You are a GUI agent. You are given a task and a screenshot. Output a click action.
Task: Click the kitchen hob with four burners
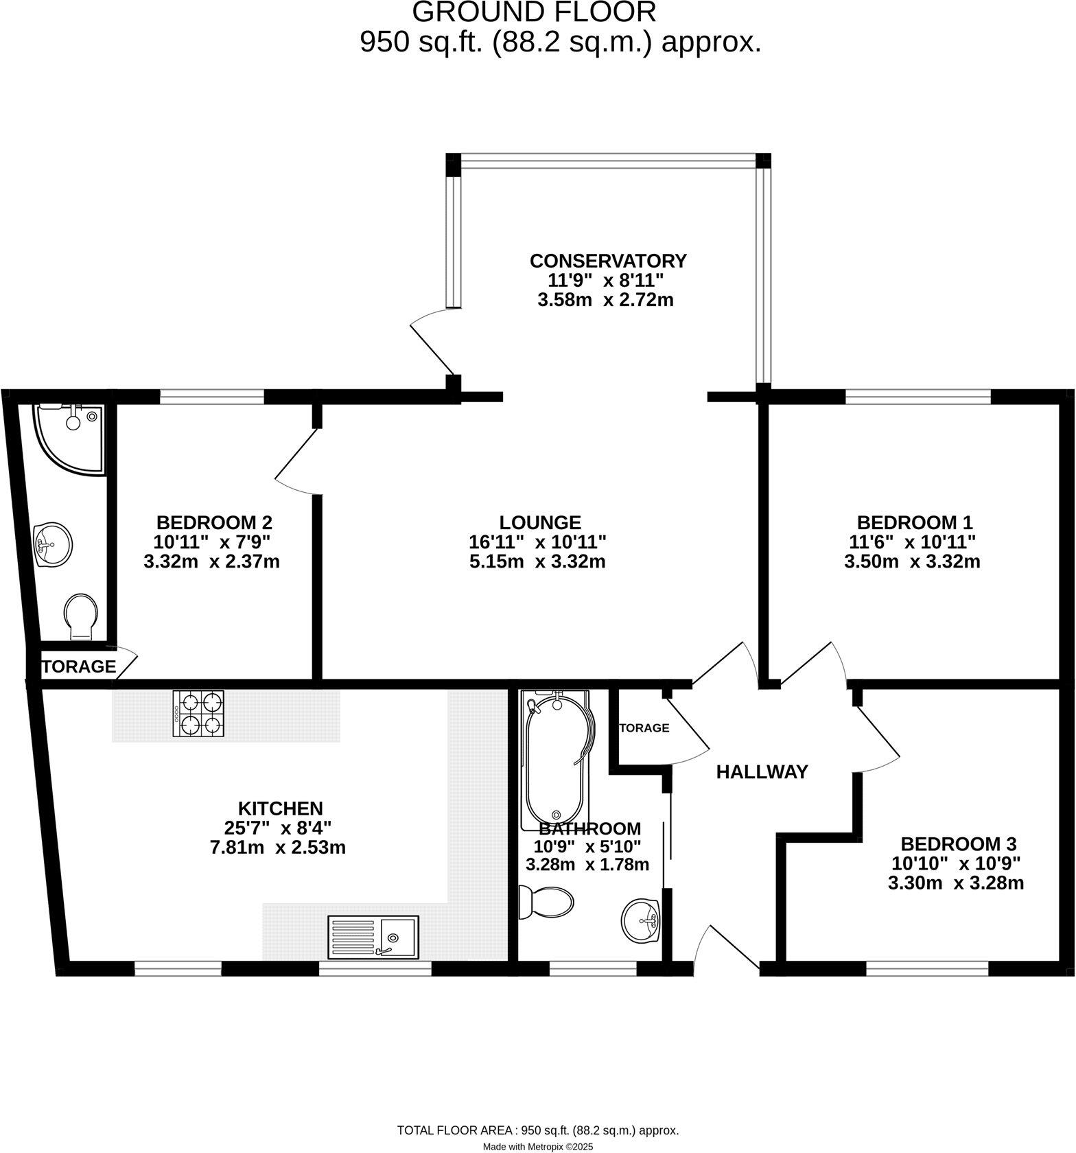coord(199,714)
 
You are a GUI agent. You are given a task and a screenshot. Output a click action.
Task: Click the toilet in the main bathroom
coord(545,902)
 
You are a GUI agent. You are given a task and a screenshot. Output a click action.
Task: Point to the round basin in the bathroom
coord(640,921)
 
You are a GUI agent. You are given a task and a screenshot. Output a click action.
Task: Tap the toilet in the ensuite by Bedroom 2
coord(81,615)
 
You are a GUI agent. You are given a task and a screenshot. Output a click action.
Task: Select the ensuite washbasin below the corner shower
coord(53,544)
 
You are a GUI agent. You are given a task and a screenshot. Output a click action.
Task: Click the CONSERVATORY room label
coord(608,261)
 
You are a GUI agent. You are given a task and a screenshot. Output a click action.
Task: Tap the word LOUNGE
coord(540,522)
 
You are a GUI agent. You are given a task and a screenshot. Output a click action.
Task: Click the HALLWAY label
coord(762,772)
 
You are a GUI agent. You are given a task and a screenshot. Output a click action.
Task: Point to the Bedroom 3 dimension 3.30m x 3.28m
coord(955,883)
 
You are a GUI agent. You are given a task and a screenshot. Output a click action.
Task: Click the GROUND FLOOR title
coord(534,12)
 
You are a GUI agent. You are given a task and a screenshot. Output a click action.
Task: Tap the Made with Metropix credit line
coord(538,1146)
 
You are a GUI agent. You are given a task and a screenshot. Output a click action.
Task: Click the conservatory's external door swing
coord(432,343)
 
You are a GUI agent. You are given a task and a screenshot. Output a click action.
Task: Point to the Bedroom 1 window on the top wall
coord(918,396)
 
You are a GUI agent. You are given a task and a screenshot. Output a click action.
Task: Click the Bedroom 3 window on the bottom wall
coord(927,968)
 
